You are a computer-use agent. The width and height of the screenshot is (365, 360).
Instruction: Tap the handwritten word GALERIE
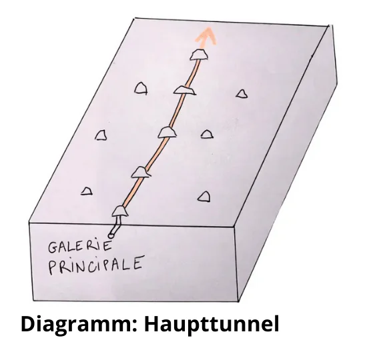pos(80,247)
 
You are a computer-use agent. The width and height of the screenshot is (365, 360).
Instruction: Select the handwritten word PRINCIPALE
pos(95,265)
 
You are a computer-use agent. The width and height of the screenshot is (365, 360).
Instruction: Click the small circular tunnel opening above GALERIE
pos(111,235)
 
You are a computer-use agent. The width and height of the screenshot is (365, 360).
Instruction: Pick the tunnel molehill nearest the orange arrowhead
pos(199,55)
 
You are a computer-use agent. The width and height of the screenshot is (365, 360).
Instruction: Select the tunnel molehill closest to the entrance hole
pos(120,211)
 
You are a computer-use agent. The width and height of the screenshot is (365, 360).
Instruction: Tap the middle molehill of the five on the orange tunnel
pos(167,132)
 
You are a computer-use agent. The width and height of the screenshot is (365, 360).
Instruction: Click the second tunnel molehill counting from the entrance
pos(140,172)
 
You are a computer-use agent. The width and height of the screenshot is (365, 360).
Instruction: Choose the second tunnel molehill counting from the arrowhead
pos(184,90)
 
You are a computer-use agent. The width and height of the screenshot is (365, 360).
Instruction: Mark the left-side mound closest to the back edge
pos(141,89)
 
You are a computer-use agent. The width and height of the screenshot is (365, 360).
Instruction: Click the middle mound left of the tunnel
pos(101,135)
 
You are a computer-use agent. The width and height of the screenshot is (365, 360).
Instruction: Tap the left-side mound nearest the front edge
pos(87,191)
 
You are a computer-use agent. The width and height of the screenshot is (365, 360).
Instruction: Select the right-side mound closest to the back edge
pos(242,94)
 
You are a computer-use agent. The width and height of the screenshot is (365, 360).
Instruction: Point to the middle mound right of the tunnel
pos(207,135)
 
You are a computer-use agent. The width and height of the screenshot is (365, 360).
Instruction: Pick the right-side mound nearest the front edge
pos(204,197)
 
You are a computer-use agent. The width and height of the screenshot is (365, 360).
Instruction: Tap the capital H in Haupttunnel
pos(152,324)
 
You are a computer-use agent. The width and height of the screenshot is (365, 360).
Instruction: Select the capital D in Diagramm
pos(28,324)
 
